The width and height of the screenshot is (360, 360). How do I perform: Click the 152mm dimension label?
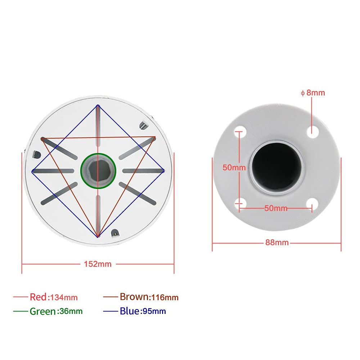(98, 264)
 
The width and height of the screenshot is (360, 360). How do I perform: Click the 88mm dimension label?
(277, 243)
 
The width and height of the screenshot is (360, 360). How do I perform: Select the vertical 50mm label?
(234, 167)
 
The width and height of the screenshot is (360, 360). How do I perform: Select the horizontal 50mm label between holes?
(276, 208)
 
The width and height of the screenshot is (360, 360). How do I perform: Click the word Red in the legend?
(38, 297)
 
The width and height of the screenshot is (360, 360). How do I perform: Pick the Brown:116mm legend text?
(149, 297)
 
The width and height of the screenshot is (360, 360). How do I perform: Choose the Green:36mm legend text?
(56, 311)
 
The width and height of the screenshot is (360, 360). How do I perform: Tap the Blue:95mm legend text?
(143, 311)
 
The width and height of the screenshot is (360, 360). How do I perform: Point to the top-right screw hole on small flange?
(314, 130)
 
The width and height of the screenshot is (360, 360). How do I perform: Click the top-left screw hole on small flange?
(240, 130)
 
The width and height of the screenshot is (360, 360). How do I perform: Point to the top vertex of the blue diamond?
(98, 105)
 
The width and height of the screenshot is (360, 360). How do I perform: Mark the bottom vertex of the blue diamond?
(98, 237)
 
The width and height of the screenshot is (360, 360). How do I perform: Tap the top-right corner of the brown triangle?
(155, 137)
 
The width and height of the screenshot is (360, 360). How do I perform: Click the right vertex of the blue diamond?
(164, 171)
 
